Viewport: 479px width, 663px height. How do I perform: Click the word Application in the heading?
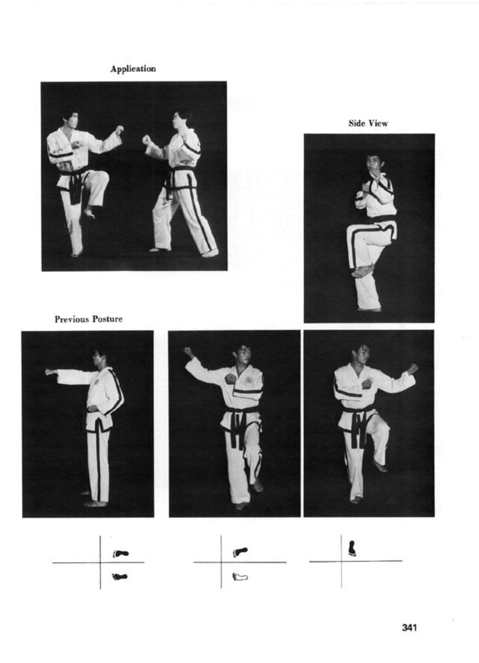tap(133, 69)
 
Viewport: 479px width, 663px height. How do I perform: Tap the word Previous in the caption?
tap(71, 319)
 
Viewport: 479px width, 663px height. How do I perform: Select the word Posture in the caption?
tap(107, 319)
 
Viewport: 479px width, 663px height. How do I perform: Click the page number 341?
tap(409, 627)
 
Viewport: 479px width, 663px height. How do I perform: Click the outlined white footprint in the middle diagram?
tap(240, 577)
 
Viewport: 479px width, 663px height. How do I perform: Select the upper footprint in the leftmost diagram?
tap(121, 553)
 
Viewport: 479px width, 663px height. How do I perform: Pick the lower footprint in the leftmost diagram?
tap(120, 576)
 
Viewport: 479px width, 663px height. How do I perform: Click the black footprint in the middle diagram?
tap(240, 552)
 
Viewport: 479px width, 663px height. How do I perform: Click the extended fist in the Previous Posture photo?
tap(50, 372)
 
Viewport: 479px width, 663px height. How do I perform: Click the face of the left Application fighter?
tap(71, 120)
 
